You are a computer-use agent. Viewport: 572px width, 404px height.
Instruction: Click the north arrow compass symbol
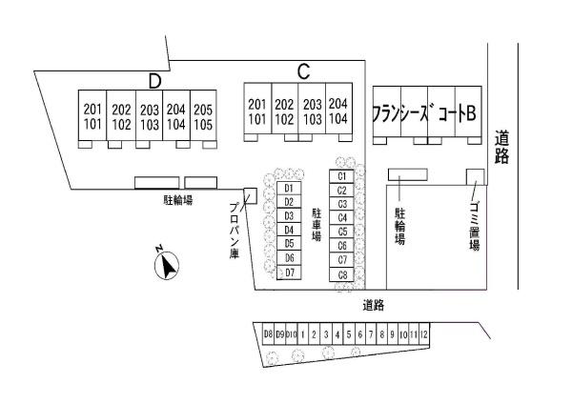point(167,265)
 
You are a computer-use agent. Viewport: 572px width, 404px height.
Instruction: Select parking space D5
point(289,244)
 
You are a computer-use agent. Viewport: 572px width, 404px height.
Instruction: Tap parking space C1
point(341,176)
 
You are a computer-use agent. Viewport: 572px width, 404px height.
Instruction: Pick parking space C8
point(341,274)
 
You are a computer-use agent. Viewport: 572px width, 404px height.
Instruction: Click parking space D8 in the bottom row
point(268,334)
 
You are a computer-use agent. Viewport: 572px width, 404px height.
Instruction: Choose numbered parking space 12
point(424,334)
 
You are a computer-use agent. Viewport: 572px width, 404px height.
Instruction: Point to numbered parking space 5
point(349,334)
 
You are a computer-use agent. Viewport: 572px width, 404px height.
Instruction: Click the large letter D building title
point(154,81)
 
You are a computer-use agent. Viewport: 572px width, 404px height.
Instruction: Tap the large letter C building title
point(303,71)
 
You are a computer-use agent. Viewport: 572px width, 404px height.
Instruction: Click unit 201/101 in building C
point(257,109)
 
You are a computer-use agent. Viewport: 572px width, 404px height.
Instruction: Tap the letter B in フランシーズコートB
point(471,113)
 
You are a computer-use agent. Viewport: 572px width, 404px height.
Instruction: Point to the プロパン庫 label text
point(235,231)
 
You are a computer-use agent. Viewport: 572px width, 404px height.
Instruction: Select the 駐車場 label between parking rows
point(317,225)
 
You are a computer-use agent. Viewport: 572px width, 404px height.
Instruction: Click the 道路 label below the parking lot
point(373,305)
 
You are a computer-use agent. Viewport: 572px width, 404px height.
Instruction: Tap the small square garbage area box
point(476,177)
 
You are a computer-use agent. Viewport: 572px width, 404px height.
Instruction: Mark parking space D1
point(289,188)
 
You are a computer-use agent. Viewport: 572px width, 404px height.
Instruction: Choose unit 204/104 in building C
point(338,109)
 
